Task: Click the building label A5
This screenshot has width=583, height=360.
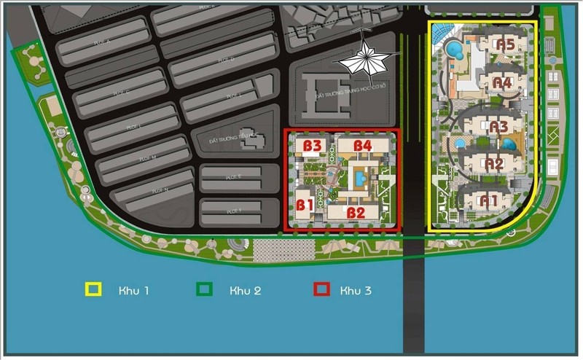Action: (505, 45)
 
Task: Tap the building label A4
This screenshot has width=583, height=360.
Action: (502, 82)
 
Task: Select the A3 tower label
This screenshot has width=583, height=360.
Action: (498, 127)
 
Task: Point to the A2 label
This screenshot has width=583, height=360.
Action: (495, 164)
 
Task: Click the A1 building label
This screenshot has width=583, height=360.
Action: (488, 199)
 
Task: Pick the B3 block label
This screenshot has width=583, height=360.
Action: (313, 146)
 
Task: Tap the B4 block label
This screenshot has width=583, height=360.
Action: (363, 146)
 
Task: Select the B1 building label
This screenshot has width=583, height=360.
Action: (304, 205)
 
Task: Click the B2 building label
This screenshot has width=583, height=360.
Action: (355, 213)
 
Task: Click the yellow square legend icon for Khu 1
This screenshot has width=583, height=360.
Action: (93, 290)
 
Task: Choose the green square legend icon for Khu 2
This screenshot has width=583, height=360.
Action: (205, 290)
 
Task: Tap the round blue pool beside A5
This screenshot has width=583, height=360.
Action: (454, 50)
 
